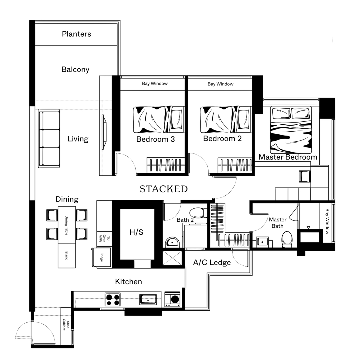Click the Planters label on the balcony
(76, 34)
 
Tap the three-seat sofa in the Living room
(49, 138)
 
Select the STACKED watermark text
(163, 189)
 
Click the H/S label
(136, 232)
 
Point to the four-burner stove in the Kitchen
(113, 300)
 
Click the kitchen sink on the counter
(148, 299)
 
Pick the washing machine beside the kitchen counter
(172, 299)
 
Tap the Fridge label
(101, 257)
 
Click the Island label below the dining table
(66, 255)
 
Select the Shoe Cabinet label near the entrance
(66, 325)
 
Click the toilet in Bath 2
(198, 213)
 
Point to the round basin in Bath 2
(172, 242)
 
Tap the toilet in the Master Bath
(287, 239)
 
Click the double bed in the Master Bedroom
(291, 130)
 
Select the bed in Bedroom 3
(159, 119)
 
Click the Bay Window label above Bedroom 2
(220, 84)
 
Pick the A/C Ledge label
(212, 262)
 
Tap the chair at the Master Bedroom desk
(304, 176)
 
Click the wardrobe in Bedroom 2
(235, 165)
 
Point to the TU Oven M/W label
(104, 239)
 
